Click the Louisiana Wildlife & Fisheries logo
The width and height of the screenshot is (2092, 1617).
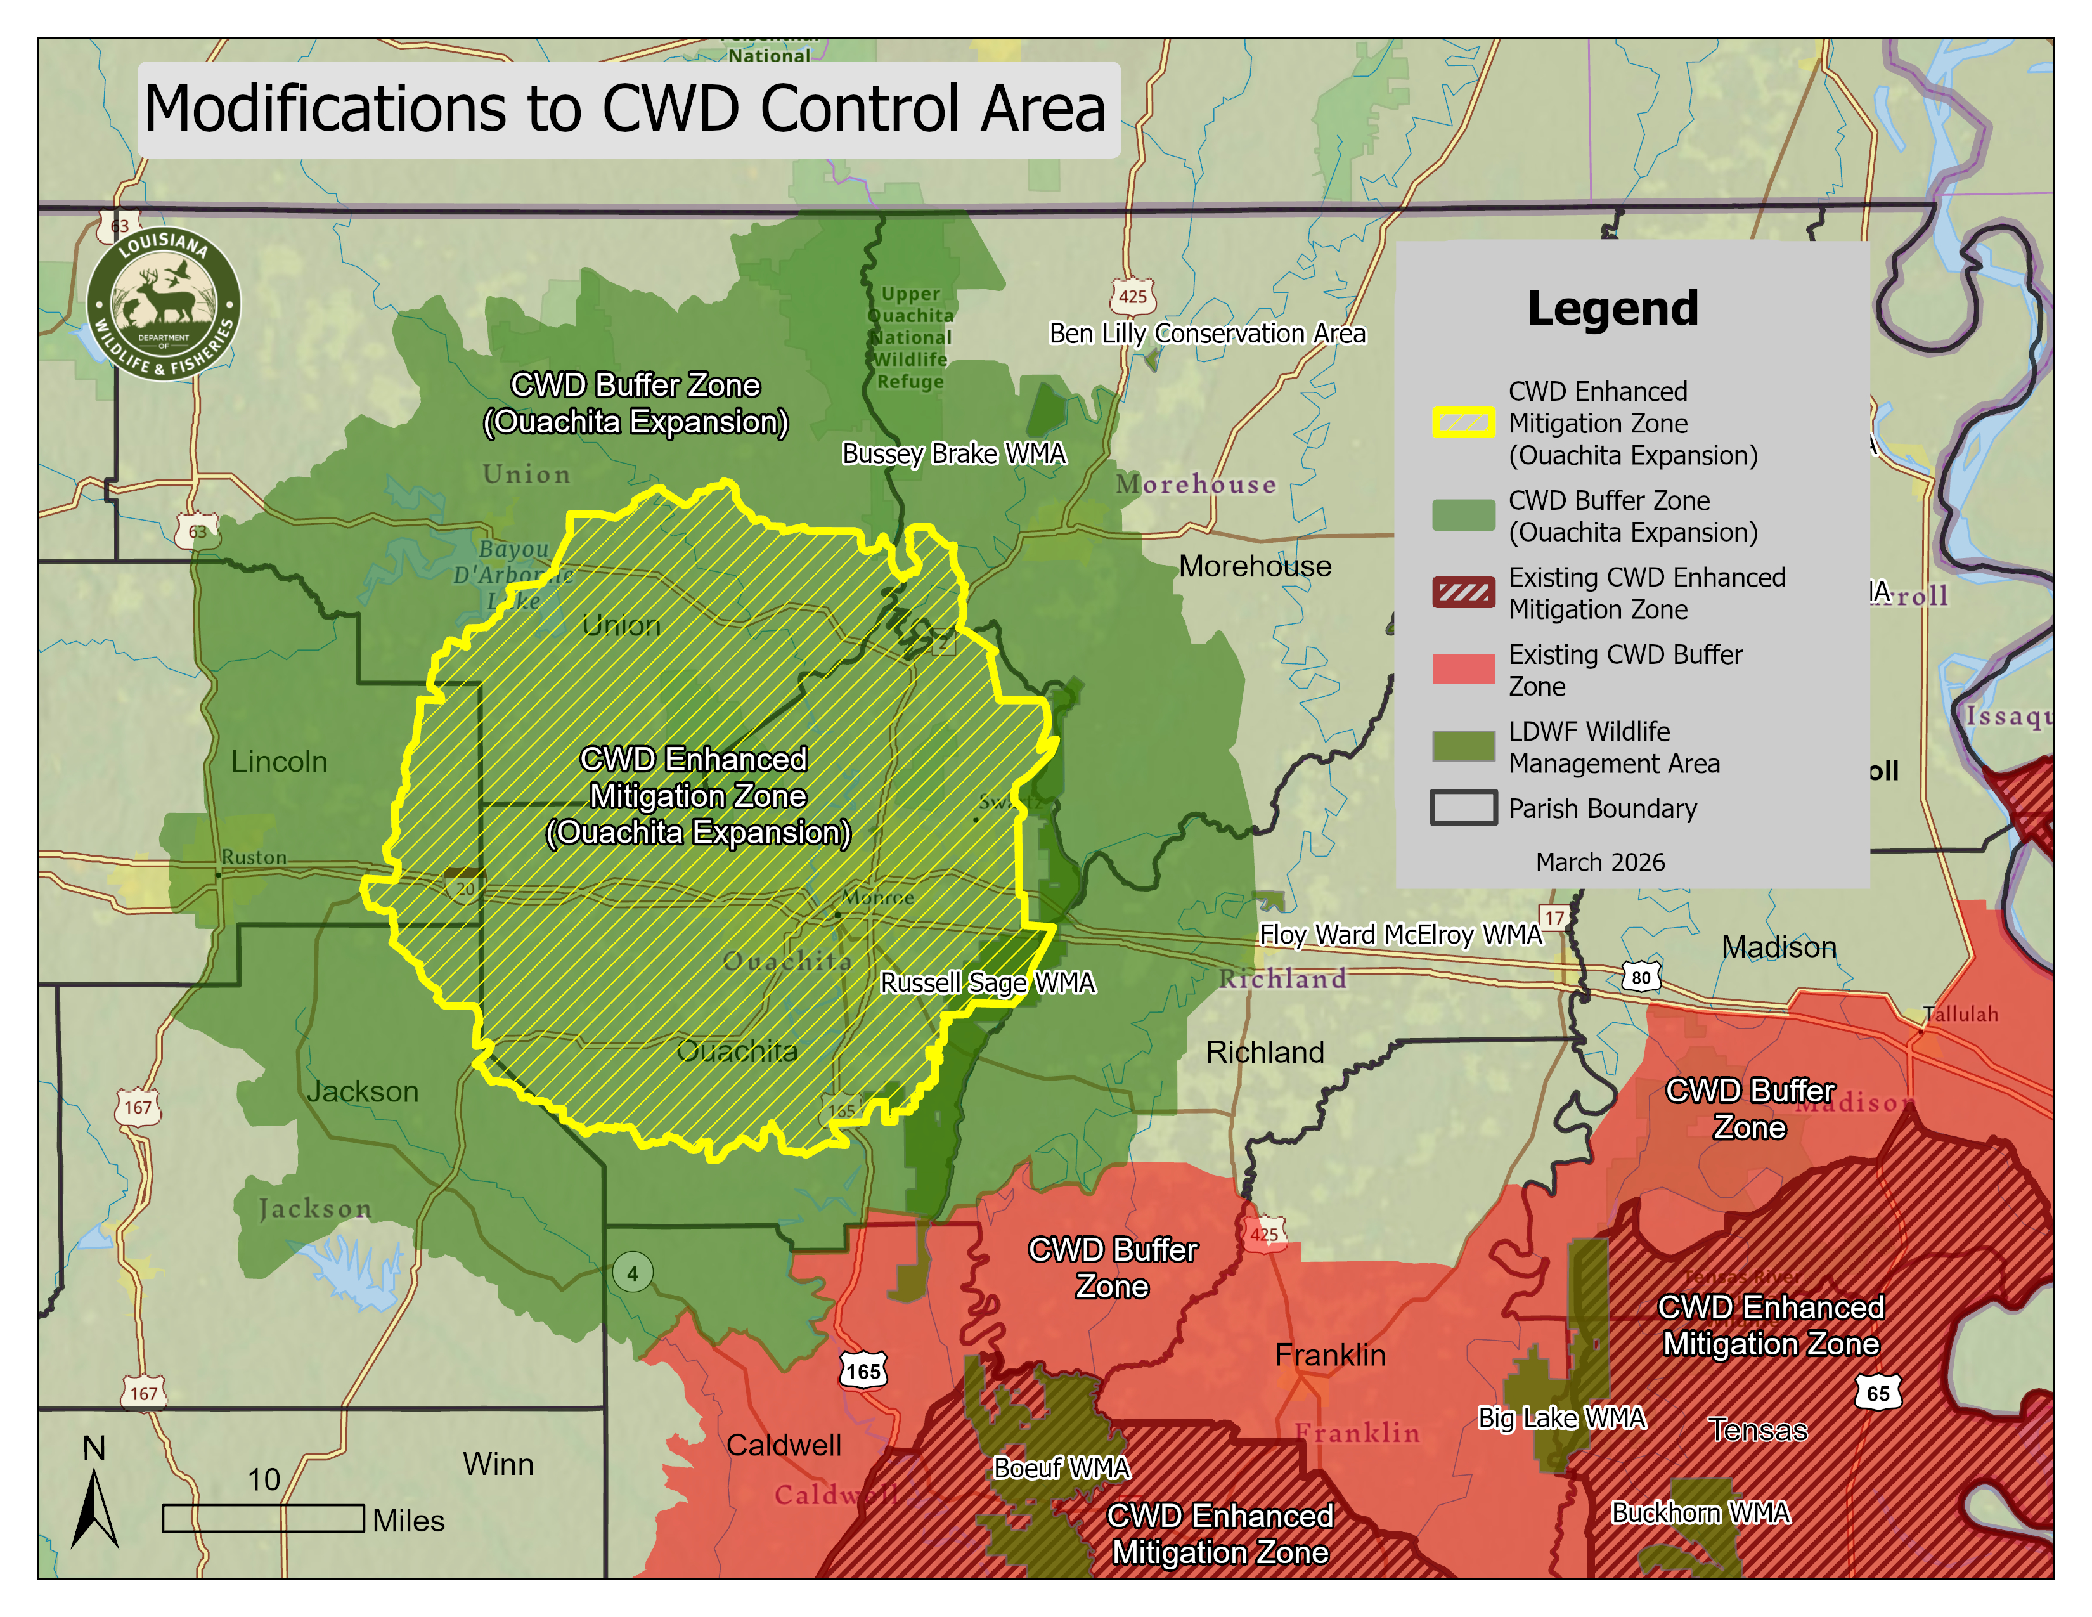point(164,304)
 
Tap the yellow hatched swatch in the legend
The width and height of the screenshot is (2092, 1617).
point(1462,422)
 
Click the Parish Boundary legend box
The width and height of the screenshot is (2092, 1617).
point(1462,807)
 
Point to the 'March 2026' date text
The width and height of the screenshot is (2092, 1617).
point(1599,862)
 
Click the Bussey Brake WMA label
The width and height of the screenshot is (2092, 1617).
point(953,453)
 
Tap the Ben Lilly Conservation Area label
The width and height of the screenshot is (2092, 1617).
point(1207,334)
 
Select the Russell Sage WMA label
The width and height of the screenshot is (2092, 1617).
point(986,983)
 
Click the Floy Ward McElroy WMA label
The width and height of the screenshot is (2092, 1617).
point(1400,934)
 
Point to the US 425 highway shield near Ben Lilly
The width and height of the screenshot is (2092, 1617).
point(1132,296)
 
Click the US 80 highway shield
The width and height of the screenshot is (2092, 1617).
point(1641,977)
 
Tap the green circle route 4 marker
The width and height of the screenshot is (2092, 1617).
point(632,1273)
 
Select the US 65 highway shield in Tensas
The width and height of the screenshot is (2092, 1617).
point(1878,1393)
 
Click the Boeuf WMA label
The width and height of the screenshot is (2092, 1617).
point(1061,1467)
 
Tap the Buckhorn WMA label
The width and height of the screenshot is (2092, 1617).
point(1700,1512)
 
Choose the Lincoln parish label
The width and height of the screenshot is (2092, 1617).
point(279,762)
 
